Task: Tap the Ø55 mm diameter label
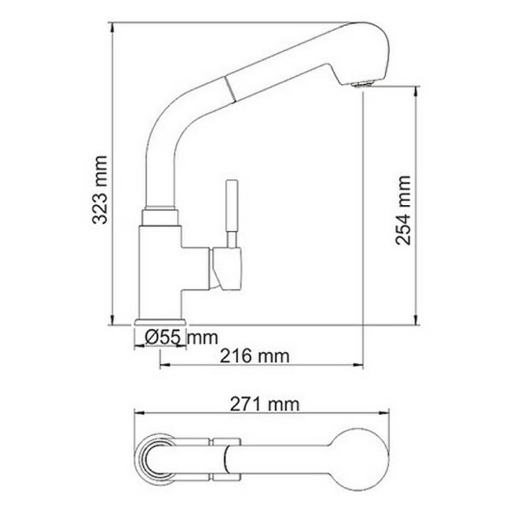[180, 337]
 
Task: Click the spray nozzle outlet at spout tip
[359, 84]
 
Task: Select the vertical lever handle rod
[233, 209]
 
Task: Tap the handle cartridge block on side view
[225, 268]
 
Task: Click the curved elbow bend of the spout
[164, 133]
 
